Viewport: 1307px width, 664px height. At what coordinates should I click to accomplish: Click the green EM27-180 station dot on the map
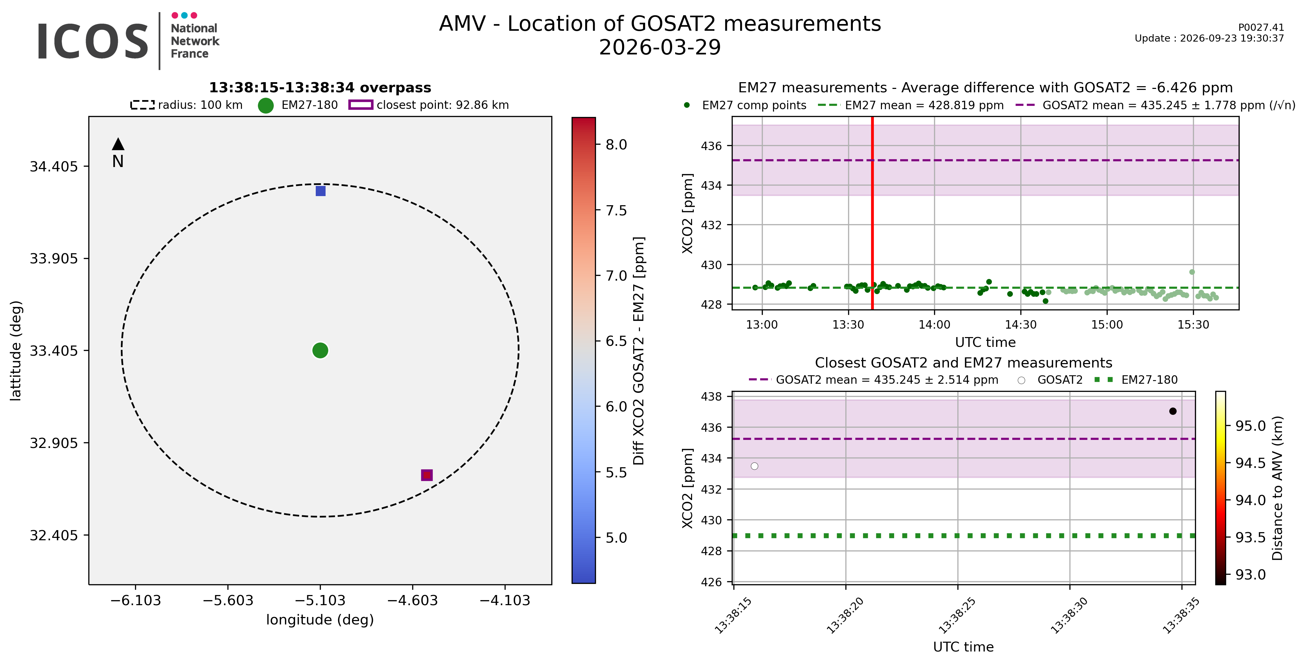(320, 350)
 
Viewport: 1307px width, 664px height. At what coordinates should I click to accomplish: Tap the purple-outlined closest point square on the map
(427, 475)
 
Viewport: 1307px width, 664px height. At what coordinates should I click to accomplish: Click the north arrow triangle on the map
(118, 144)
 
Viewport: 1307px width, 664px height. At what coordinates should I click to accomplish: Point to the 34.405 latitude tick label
(54, 167)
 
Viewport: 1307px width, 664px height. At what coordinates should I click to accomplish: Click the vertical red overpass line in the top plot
(872, 213)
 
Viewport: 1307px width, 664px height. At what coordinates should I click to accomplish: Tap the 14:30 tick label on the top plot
(1021, 325)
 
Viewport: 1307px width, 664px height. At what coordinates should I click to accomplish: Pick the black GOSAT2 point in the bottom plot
(1173, 411)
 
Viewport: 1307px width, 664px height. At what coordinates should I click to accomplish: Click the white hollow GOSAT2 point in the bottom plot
(754, 466)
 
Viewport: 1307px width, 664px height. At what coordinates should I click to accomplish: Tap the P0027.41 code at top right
(1261, 27)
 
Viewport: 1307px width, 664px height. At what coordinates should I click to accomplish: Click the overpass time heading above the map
(320, 88)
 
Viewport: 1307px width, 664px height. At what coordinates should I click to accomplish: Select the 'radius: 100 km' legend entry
(187, 105)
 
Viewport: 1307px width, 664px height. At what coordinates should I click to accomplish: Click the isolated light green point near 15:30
(1192, 272)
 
